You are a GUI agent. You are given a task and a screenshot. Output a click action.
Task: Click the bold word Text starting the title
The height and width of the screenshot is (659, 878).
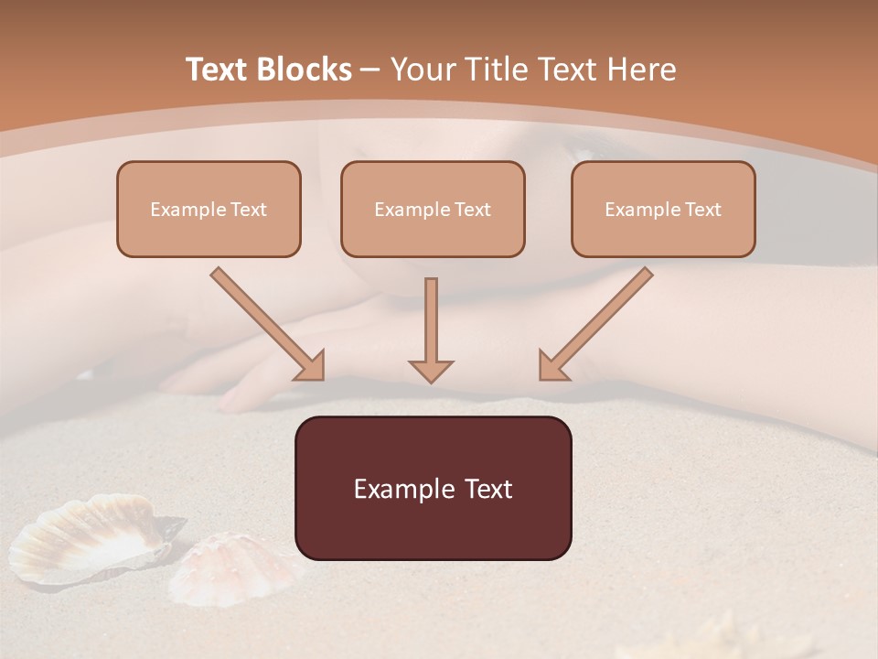219,70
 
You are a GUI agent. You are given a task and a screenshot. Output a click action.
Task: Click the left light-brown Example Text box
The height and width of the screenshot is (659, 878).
209,209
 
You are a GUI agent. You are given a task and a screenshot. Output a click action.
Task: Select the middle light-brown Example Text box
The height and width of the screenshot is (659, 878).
433,209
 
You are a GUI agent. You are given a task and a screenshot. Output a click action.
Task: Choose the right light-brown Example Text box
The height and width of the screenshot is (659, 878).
663,209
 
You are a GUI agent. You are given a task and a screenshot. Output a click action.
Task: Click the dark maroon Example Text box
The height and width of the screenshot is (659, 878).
433,488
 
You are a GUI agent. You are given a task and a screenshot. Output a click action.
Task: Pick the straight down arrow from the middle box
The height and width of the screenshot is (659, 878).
431,320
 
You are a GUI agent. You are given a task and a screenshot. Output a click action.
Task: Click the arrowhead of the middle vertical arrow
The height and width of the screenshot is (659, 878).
431,371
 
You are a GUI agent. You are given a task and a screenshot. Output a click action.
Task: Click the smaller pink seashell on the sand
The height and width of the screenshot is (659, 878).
233,567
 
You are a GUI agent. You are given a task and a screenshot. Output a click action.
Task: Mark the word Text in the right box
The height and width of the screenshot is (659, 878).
703,210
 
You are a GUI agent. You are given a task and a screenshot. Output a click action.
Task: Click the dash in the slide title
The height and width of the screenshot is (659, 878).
370,70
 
